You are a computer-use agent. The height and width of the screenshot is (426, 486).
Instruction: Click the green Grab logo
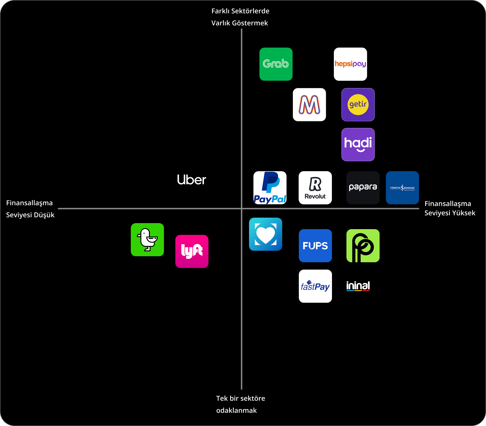(x=276, y=64)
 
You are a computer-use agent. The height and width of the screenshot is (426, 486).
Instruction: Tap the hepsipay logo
(x=350, y=64)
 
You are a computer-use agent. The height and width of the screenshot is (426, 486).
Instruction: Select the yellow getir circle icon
(x=358, y=104)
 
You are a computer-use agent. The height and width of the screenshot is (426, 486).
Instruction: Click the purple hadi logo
(x=358, y=144)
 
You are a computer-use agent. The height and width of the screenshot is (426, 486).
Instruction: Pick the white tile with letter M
(x=309, y=104)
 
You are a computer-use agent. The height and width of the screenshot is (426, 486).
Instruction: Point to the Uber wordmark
(x=191, y=180)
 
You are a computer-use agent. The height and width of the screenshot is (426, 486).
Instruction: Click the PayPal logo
(x=270, y=188)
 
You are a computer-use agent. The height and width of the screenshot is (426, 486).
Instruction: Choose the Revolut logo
(x=315, y=188)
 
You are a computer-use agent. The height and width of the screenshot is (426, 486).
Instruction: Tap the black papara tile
(x=363, y=188)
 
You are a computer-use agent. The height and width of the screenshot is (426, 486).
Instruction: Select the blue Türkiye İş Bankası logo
(x=402, y=188)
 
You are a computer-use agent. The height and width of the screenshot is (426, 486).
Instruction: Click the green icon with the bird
(x=147, y=240)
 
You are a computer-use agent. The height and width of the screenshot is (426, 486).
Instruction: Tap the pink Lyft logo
(x=192, y=251)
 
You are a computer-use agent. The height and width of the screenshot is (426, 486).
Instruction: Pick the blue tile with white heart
(x=265, y=234)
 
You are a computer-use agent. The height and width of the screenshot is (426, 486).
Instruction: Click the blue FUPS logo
(x=315, y=246)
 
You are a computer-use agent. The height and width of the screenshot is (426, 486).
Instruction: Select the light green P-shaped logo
(x=363, y=246)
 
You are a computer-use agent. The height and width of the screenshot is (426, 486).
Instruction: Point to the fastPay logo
(x=315, y=286)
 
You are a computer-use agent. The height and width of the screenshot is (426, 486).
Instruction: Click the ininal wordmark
(x=358, y=286)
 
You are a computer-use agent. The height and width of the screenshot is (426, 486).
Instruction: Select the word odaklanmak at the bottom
(x=236, y=410)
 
